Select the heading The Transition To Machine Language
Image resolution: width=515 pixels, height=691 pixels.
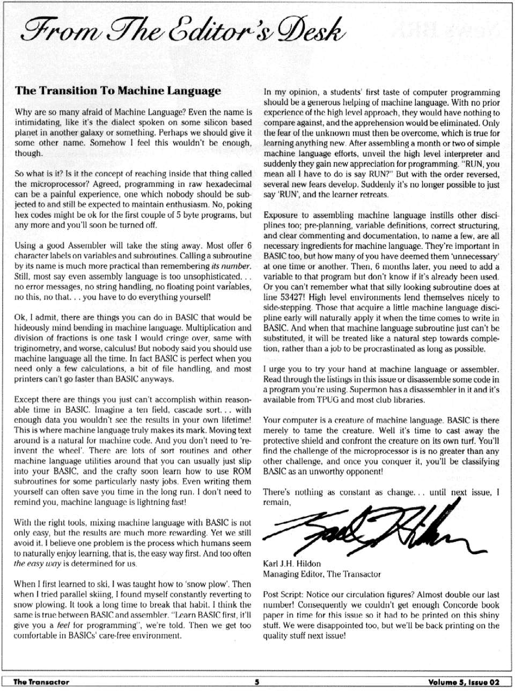click(x=118, y=91)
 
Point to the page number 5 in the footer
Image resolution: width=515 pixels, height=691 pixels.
click(x=257, y=682)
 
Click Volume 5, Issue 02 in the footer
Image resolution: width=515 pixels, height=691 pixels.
click(x=464, y=682)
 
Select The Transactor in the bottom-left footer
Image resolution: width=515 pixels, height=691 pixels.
click(x=41, y=682)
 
